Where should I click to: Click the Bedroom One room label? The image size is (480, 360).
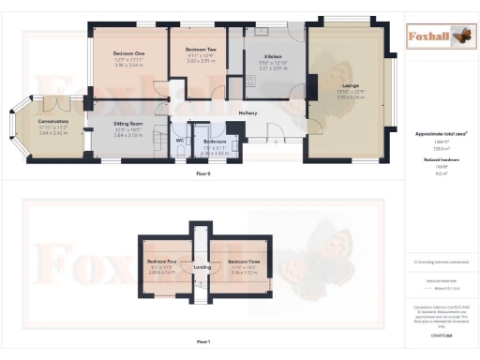click(129, 53)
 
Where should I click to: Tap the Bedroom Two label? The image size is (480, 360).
click(201, 49)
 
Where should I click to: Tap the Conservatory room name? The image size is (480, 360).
click(53, 120)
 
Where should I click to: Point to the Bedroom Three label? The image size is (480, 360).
click(242, 261)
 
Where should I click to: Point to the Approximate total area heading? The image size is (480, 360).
click(440, 135)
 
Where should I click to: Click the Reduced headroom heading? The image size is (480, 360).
click(442, 159)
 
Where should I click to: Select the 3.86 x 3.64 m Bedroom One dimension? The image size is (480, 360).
click(129, 66)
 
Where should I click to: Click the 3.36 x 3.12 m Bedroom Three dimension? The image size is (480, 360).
click(242, 273)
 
